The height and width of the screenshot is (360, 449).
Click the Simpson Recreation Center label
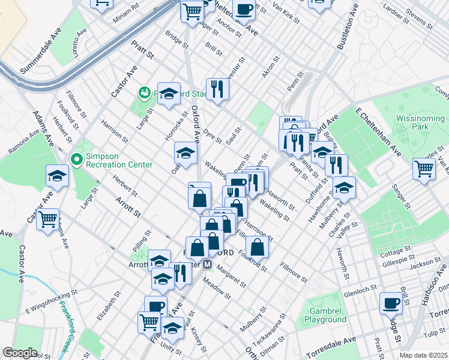pyautogui.click(x=118, y=160)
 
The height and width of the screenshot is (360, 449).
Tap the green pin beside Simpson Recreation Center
pyautogui.click(x=76, y=160)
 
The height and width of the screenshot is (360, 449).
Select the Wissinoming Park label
pyautogui.click(x=420, y=123)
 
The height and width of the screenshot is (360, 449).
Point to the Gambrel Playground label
pyautogui.click(x=328, y=315)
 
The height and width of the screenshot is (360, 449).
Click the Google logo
pyautogui.click(x=20, y=353)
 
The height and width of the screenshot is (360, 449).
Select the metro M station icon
pyautogui.click(x=208, y=264)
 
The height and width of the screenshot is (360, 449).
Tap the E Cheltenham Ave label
pyautogui.click(x=378, y=131)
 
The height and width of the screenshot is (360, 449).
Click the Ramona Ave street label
pyautogui.click(x=27, y=144)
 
